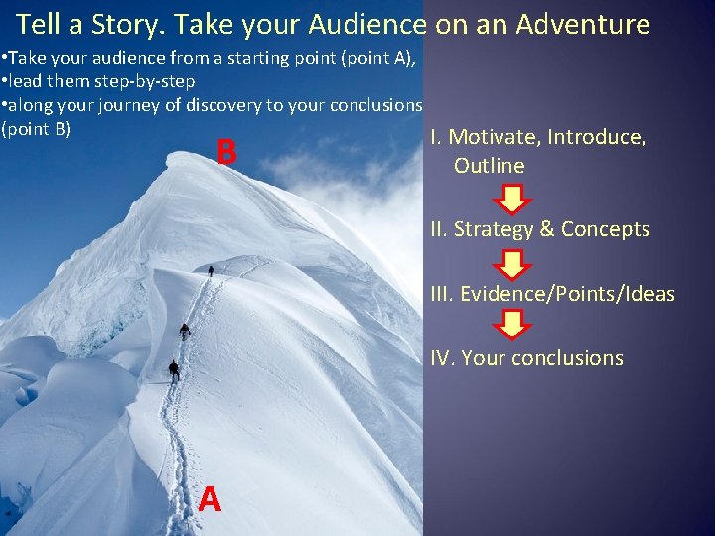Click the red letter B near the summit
[226, 153]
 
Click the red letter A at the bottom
[209, 499]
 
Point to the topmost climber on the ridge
[211, 270]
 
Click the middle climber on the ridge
[184, 331]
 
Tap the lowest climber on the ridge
[174, 371]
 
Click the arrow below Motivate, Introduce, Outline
[513, 200]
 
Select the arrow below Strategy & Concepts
[513, 264]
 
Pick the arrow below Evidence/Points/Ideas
[513, 325]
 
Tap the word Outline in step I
[489, 166]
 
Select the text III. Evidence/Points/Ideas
[552, 294]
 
